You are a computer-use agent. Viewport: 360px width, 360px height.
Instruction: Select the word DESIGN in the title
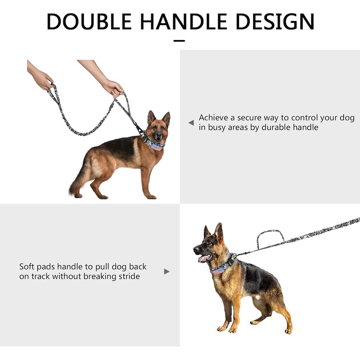pyautogui.click(x=275, y=22)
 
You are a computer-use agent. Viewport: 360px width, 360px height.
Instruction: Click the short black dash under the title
pyautogui.click(x=179, y=41)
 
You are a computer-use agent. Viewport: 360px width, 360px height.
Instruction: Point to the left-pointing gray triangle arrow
pyautogui.click(x=191, y=123)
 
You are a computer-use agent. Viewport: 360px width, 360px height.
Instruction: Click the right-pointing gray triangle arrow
pyautogui.click(x=167, y=272)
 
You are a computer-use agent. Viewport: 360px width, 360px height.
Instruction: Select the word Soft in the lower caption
pyautogui.click(x=27, y=266)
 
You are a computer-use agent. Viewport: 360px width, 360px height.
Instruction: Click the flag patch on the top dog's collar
pyautogui.click(x=156, y=147)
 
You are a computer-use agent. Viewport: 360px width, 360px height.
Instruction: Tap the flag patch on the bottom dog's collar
pyautogui.click(x=218, y=270)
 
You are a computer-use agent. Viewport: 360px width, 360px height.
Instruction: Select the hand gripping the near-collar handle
pyautogui.click(x=113, y=88)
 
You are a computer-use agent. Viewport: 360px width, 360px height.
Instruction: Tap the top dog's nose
pyautogui.click(x=158, y=135)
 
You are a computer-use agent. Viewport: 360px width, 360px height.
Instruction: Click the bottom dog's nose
pyautogui.click(x=195, y=249)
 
